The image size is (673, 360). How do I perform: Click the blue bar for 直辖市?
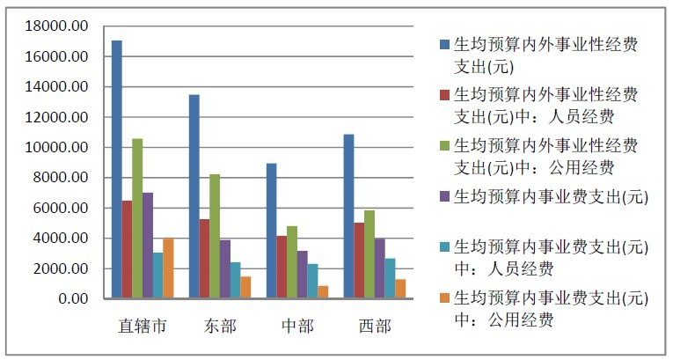117,169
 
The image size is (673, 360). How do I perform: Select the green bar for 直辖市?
137,218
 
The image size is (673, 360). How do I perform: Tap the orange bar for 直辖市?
168,268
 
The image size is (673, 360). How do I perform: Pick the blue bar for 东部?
194,196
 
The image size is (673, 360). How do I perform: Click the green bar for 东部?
215,236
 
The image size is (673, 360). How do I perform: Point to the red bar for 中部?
282,267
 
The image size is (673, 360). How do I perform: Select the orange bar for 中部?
323,292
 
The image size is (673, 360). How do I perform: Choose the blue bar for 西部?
349,216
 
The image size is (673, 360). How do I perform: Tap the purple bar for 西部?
380,268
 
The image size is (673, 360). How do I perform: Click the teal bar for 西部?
390,278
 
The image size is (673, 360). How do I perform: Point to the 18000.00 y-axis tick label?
56,26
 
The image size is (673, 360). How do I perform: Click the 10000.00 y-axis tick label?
56,147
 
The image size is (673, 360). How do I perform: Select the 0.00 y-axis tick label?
73,298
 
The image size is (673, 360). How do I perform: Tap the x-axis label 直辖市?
142,327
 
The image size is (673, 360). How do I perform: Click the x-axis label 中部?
297,327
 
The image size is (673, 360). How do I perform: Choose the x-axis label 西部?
375,327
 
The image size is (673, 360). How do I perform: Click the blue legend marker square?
444,44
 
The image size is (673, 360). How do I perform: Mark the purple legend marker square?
444,197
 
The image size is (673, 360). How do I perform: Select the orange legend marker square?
444,298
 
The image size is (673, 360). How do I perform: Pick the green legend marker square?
444,145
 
